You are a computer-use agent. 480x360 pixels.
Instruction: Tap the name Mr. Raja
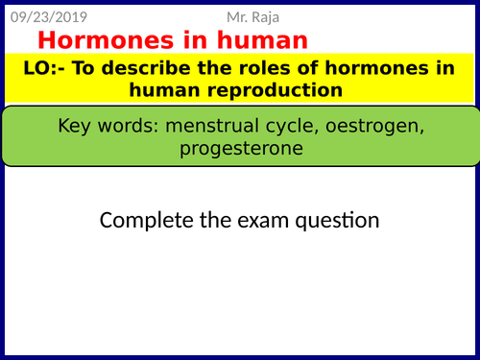(x=258, y=16)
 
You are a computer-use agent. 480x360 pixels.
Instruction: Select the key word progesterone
(x=239, y=149)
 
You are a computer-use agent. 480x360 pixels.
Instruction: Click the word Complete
(x=143, y=221)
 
